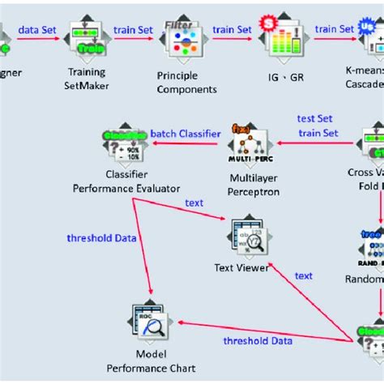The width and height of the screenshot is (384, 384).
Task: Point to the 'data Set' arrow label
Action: click(x=38, y=28)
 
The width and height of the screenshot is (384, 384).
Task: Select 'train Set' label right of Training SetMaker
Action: click(x=133, y=29)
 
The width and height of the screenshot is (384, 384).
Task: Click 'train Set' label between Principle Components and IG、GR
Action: click(x=233, y=29)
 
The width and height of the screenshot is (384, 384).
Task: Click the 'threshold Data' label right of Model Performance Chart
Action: click(x=258, y=341)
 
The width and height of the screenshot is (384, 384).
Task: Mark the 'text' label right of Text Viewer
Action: click(x=304, y=275)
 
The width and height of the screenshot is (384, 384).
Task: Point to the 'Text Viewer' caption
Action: click(x=241, y=268)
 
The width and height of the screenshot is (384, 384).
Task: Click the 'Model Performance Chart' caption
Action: click(x=151, y=362)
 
